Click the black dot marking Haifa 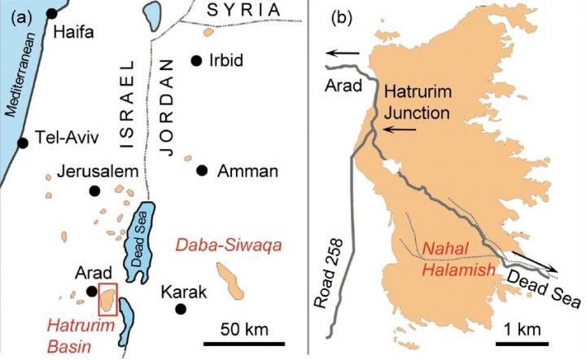click(x=53, y=13)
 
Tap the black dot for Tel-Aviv click(x=24, y=143)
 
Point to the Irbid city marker click(x=195, y=60)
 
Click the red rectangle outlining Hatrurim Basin click(x=107, y=299)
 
